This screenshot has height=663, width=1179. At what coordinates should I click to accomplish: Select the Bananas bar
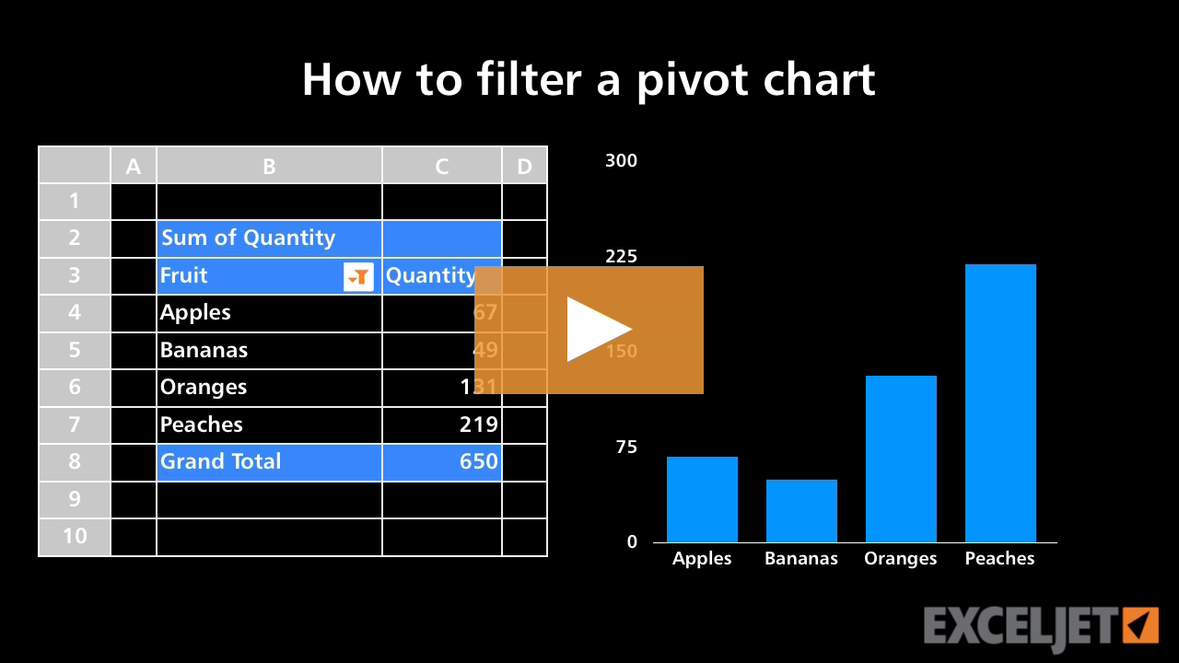(x=801, y=511)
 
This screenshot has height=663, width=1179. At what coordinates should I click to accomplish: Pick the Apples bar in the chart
(x=702, y=499)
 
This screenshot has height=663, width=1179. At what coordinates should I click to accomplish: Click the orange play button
(x=589, y=330)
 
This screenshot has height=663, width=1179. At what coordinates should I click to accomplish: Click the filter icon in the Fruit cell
(x=358, y=275)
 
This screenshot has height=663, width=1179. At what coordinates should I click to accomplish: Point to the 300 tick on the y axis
(x=621, y=161)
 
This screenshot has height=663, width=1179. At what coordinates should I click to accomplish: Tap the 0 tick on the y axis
(x=632, y=541)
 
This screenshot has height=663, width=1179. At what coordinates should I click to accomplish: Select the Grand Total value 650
(x=479, y=461)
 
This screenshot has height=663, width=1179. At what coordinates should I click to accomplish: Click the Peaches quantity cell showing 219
(x=479, y=425)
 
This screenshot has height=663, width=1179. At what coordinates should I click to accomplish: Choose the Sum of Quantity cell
(x=249, y=238)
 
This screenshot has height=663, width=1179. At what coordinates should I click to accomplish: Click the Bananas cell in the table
(x=204, y=350)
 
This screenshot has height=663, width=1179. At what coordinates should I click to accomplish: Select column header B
(x=269, y=166)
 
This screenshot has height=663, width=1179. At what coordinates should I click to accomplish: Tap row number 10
(x=75, y=536)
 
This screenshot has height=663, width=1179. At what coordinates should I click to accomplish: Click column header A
(x=134, y=166)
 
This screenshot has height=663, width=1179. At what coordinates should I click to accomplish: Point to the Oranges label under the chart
(x=900, y=558)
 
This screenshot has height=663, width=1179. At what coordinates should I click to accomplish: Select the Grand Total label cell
(x=221, y=461)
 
